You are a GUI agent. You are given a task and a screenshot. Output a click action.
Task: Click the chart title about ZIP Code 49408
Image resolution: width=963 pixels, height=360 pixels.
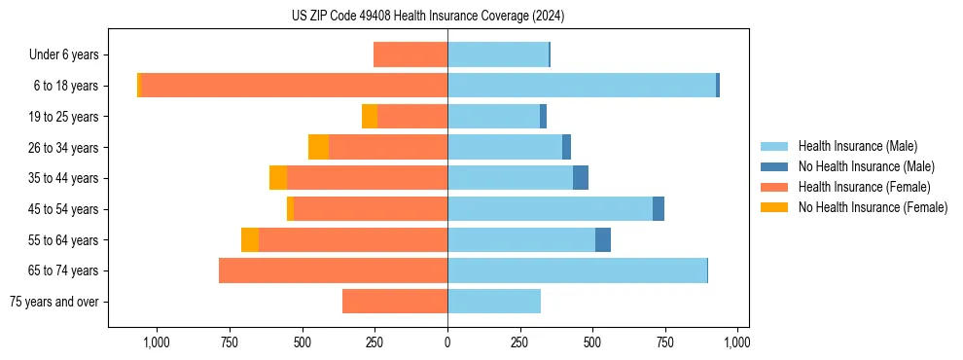click(x=428, y=16)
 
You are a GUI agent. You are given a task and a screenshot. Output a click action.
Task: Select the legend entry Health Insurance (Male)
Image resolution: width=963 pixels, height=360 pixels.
click(x=857, y=146)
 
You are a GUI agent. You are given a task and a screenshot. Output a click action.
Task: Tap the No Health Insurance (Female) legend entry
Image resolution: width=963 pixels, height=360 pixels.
click(x=873, y=207)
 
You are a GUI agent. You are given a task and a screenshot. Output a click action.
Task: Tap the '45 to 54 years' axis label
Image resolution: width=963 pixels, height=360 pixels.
click(x=62, y=209)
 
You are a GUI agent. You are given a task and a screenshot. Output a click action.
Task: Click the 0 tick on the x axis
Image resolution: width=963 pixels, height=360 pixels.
click(x=447, y=342)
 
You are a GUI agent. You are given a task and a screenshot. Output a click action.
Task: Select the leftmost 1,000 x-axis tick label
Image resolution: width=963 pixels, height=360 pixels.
click(x=157, y=342)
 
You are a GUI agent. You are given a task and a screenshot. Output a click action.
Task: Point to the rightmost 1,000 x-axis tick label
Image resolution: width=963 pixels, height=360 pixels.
click(x=737, y=342)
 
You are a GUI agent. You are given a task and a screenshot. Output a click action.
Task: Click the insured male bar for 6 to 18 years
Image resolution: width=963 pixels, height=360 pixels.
click(x=582, y=86)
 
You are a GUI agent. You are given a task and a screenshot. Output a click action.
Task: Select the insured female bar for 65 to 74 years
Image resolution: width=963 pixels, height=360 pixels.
click(x=333, y=270)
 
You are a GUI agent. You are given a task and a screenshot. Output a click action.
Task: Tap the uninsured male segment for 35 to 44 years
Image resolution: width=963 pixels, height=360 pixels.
click(x=581, y=178)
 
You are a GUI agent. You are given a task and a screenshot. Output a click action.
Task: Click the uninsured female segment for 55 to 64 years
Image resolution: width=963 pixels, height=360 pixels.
click(x=250, y=239)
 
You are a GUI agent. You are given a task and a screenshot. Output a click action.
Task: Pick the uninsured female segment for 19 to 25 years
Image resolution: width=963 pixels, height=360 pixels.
click(x=370, y=117)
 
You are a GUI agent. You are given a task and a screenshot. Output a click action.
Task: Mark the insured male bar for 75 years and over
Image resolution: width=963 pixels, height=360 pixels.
click(x=494, y=302)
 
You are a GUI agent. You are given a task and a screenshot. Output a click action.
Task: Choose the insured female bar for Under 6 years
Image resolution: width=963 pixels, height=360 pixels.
click(x=410, y=55)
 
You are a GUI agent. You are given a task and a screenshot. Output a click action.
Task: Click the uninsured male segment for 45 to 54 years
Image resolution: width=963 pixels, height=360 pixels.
click(x=659, y=209)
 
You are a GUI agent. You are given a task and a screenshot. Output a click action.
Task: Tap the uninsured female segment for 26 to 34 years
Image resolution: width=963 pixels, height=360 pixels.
click(x=318, y=147)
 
